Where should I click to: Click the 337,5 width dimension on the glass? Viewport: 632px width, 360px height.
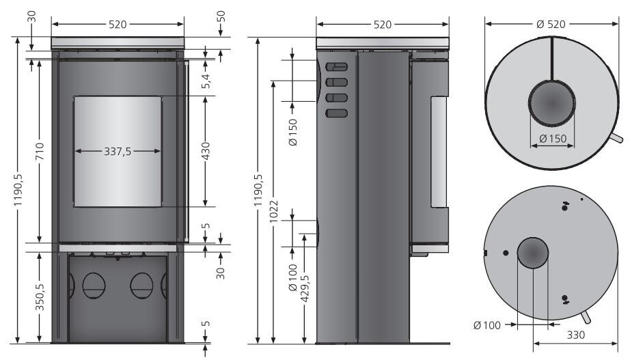118,152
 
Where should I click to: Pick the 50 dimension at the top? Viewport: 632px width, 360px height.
221,16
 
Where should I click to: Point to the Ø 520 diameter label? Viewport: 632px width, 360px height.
551,24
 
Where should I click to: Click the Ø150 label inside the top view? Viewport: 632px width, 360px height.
552,139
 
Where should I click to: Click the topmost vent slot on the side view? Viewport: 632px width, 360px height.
337,67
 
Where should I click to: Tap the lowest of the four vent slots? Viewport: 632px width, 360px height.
337,113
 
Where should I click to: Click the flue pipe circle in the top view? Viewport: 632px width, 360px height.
551,103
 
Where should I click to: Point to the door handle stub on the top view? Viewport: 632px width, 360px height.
616,139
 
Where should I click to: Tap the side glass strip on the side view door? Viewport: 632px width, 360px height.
439,152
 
